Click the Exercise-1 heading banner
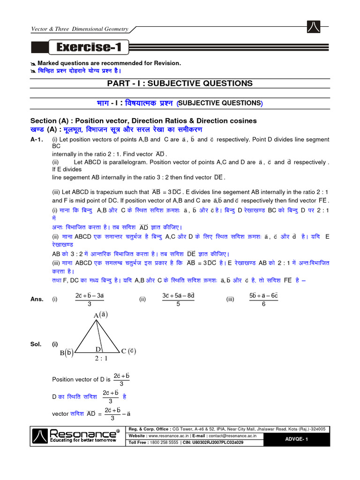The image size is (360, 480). [87, 47]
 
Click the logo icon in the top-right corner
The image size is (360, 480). [313, 28]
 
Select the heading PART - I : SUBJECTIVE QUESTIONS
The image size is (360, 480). [180, 83]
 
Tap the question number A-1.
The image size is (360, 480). [37, 140]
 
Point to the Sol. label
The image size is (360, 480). [36, 344]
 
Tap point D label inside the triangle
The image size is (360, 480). [98, 349]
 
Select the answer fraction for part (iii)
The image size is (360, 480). [263, 299]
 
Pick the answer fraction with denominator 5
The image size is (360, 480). [178, 299]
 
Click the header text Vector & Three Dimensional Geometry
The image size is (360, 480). [79, 29]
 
